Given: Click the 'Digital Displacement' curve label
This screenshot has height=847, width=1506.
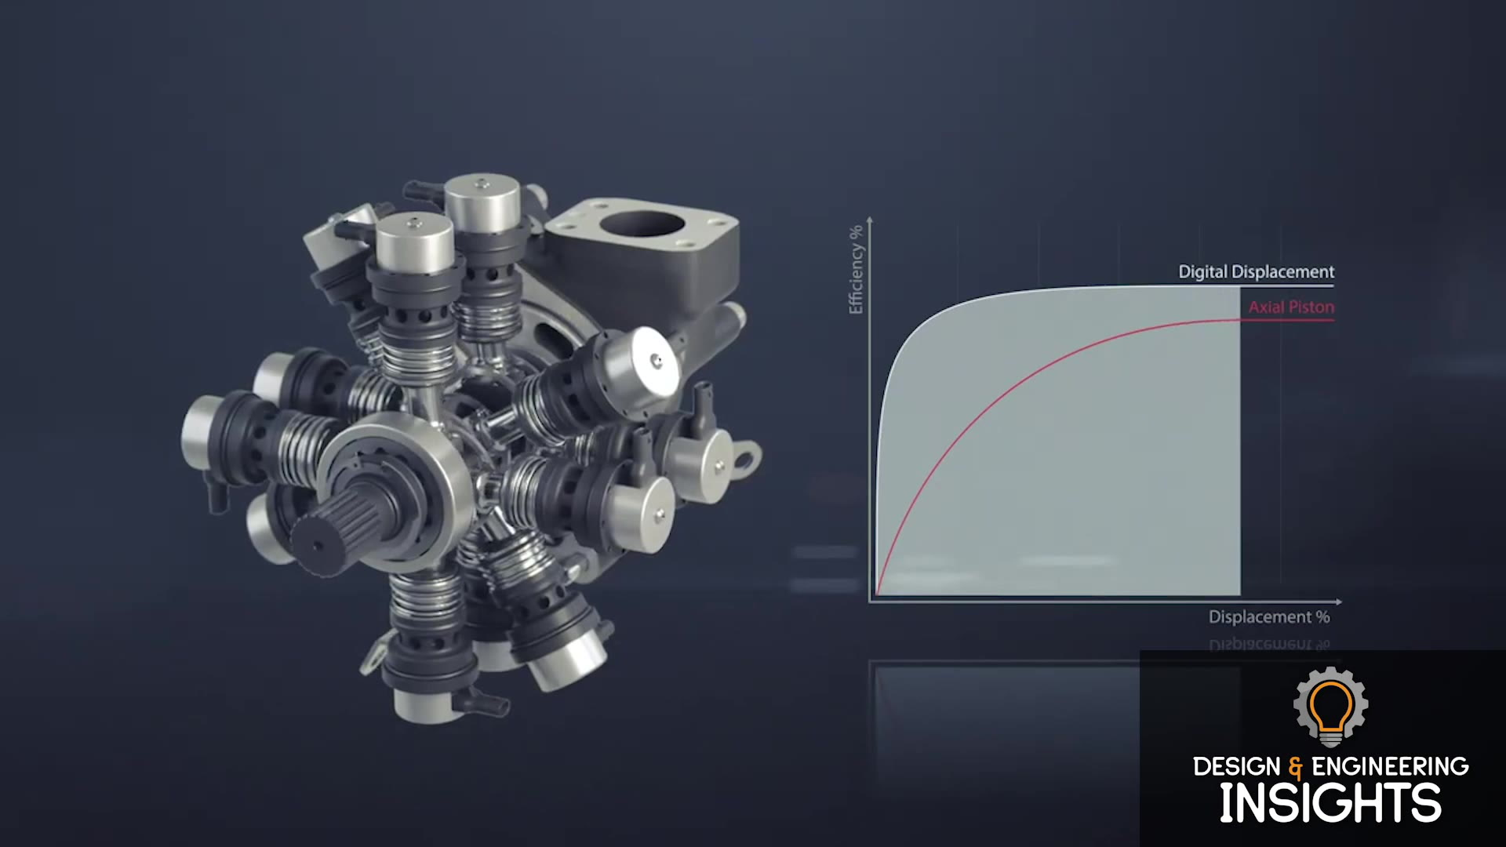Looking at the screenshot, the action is point(1256,272).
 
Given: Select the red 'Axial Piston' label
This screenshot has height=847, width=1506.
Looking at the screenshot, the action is point(1291,307).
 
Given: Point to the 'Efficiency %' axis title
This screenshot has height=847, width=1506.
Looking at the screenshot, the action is point(856,270).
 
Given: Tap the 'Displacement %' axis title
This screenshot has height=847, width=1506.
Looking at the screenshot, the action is point(1269,617).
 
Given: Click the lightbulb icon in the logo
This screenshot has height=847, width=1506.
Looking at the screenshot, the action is point(1331,707).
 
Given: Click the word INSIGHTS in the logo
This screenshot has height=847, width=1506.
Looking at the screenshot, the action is point(1330,802).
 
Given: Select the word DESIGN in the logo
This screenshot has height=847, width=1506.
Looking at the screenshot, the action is point(1237,766).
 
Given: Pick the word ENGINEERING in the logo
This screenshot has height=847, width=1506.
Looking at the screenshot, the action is point(1390,766).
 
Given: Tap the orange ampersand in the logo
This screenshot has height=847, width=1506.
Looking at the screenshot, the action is point(1296,767).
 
